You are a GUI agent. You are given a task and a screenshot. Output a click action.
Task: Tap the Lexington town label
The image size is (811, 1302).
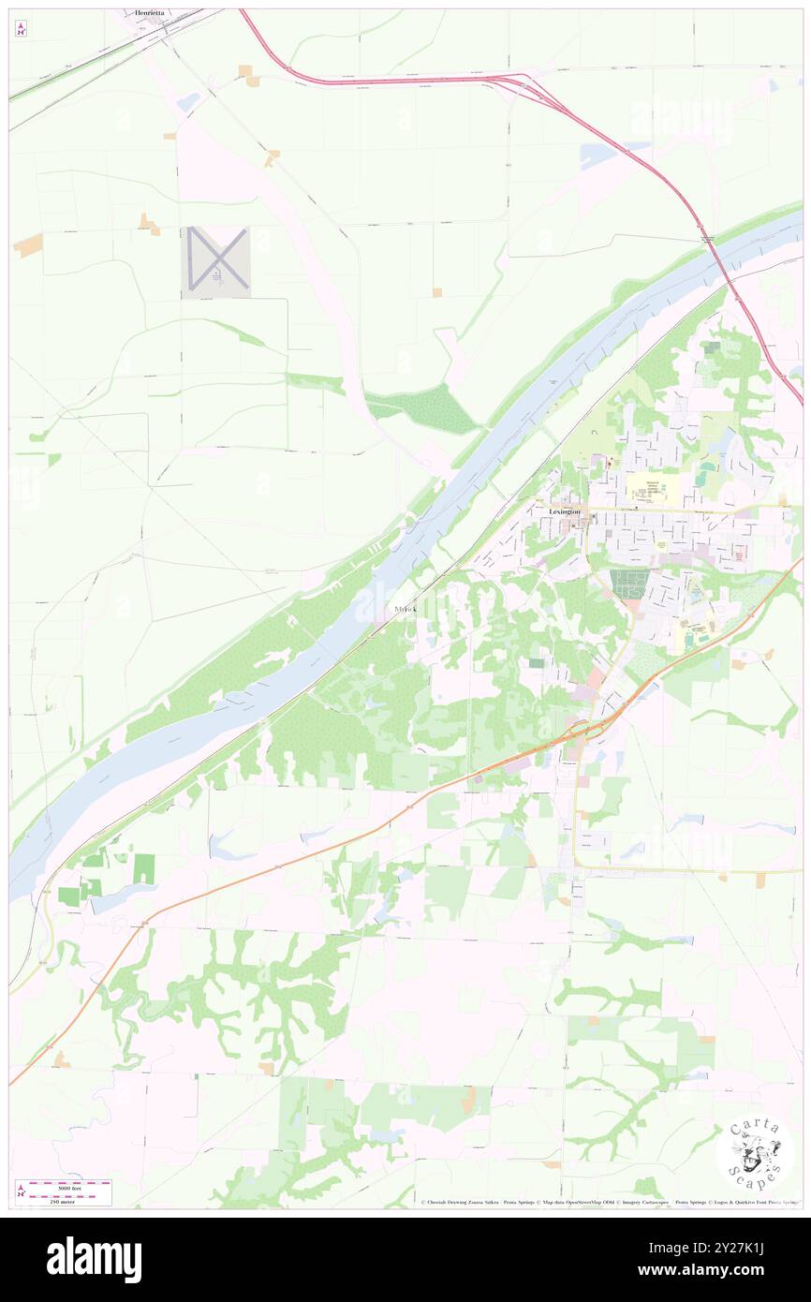[x=565, y=512]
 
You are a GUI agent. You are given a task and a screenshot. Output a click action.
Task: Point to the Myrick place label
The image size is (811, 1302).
[x=405, y=609]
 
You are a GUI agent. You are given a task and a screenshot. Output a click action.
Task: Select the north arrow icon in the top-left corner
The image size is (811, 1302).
[x=21, y=29]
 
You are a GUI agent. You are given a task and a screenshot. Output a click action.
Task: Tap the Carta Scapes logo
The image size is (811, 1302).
[x=754, y=1154]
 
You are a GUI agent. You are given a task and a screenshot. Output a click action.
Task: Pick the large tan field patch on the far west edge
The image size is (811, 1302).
[x=27, y=245]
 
